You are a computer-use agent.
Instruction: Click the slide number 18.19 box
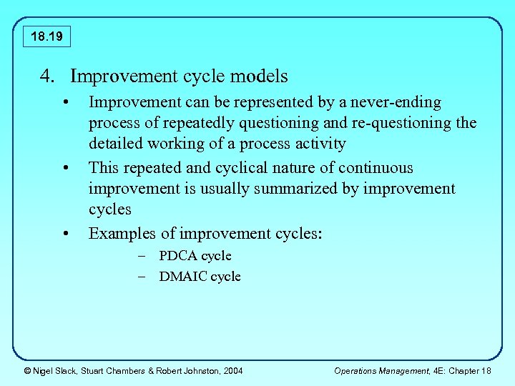coord(47,36)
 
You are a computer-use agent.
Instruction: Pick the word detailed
coord(115,144)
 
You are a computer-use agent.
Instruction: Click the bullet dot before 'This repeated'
coord(66,169)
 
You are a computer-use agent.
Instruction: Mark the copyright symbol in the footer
coord(27,370)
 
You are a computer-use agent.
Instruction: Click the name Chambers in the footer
coord(127,370)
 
